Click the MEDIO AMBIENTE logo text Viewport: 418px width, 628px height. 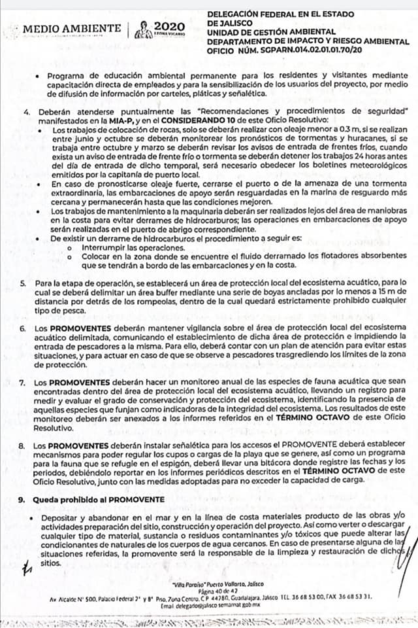(x=72, y=28)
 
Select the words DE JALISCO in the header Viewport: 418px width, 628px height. (x=229, y=22)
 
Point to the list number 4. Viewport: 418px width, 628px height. (x=25, y=113)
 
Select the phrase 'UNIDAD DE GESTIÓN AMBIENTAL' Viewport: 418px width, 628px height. (x=265, y=31)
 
